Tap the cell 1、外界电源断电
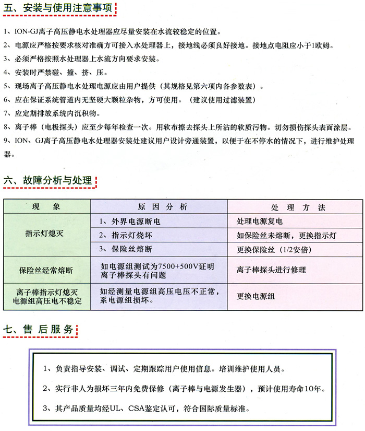(x=130, y=222)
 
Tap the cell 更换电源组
(x=256, y=296)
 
